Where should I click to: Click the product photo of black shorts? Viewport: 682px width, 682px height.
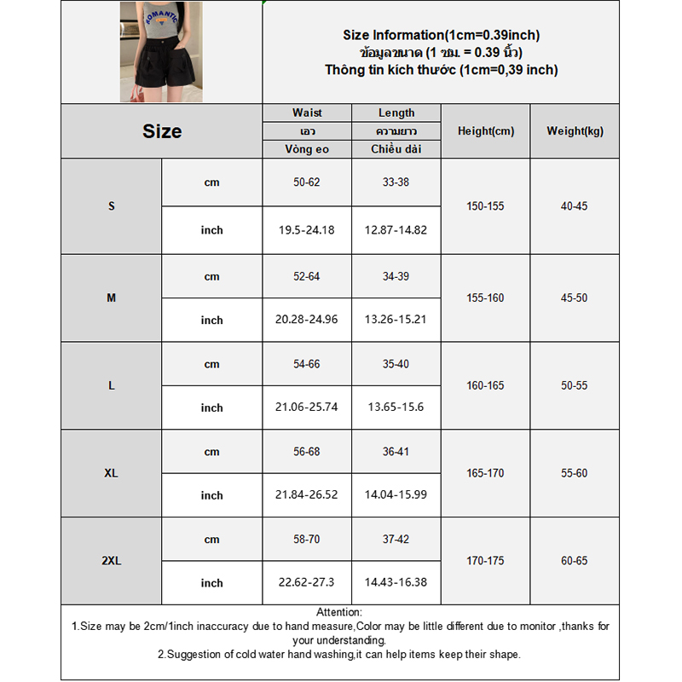(161, 52)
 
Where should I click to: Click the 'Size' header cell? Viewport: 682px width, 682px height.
(162, 131)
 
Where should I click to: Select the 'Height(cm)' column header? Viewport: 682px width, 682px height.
(486, 131)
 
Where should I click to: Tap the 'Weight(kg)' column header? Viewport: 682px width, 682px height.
(575, 131)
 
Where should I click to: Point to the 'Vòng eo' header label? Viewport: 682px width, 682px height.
(307, 149)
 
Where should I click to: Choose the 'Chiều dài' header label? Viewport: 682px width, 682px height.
(396, 149)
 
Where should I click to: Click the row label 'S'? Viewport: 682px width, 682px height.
(112, 206)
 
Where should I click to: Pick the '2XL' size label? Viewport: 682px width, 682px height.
(112, 561)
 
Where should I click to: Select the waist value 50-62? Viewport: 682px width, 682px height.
(307, 182)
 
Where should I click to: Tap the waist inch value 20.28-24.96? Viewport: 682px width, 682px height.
(307, 320)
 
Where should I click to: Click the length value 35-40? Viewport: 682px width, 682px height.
(396, 364)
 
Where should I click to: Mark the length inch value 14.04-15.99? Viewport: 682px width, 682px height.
(396, 495)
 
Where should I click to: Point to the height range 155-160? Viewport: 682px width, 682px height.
(486, 298)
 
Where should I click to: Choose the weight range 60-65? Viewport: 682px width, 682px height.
(575, 561)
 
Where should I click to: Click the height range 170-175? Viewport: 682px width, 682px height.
(486, 561)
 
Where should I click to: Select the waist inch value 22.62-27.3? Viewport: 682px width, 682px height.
(307, 583)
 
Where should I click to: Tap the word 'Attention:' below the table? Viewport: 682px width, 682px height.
(339, 612)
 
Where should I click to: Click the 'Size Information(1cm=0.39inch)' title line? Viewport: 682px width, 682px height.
(441, 35)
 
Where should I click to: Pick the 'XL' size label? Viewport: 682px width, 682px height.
(112, 473)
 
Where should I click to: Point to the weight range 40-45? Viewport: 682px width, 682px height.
(575, 206)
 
